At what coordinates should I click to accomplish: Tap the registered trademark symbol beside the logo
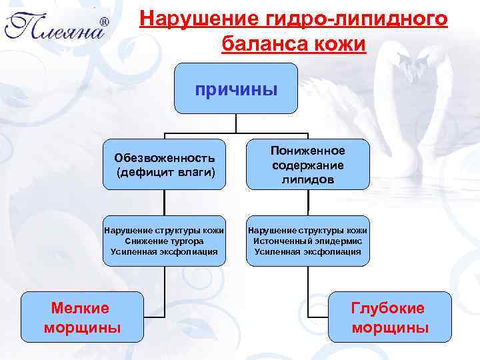(104, 22)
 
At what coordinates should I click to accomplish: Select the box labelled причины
(236, 89)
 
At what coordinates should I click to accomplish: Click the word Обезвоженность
(164, 158)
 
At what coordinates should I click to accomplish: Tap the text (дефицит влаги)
(164, 172)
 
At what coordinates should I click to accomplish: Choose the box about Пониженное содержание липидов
(307, 165)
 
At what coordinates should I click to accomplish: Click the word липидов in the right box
(307, 180)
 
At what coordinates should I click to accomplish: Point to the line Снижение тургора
(164, 240)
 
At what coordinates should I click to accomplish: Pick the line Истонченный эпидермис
(307, 240)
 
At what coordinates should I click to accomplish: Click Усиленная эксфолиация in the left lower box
(164, 251)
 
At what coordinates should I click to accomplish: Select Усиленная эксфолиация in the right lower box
(307, 251)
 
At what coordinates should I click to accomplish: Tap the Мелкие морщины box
(82, 317)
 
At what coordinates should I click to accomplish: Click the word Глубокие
(388, 308)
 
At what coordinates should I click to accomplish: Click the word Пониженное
(307, 151)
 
